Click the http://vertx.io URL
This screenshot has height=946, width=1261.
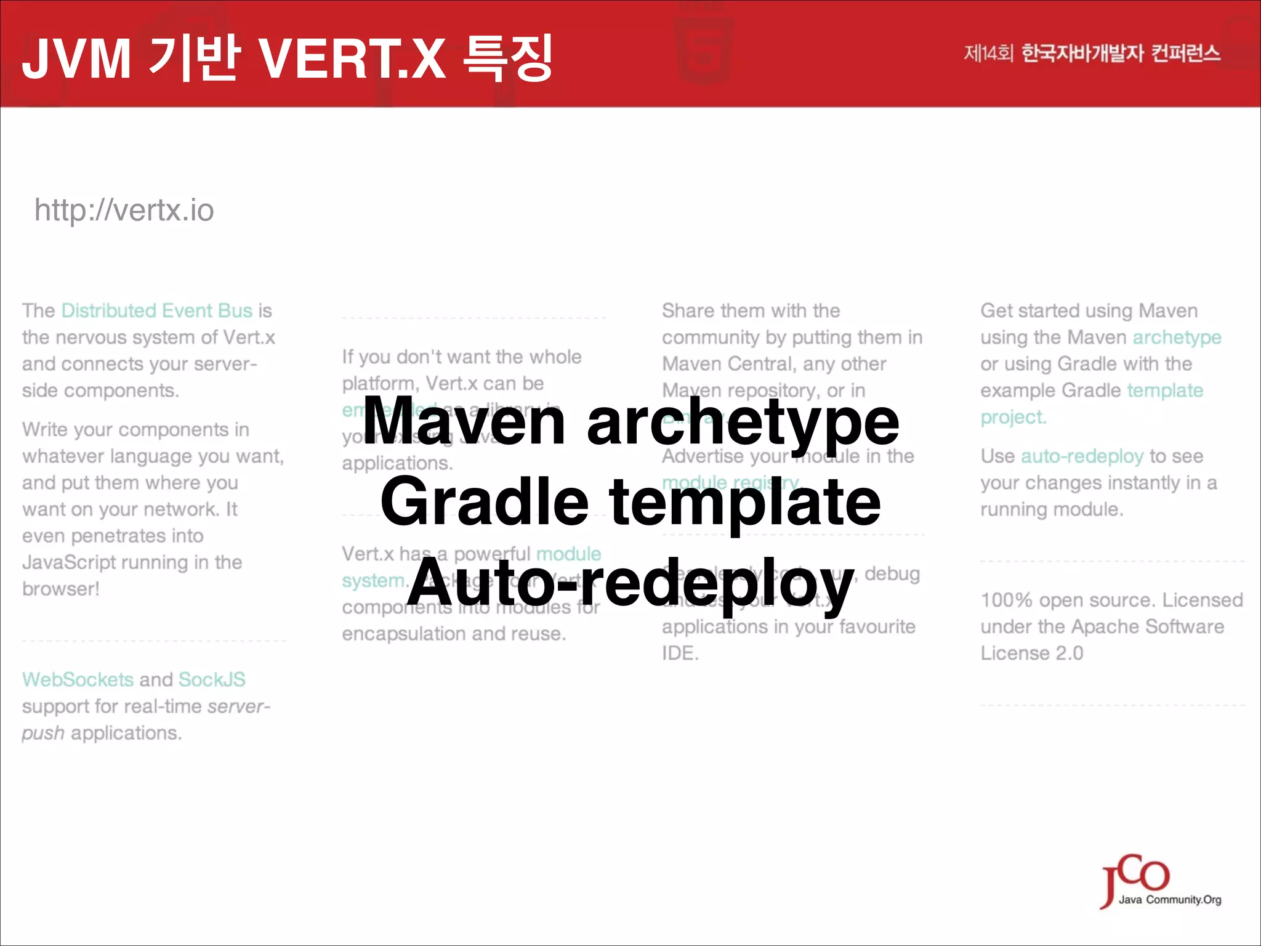tap(124, 211)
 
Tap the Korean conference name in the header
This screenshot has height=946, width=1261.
tap(1092, 54)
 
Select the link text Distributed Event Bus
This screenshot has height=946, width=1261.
tap(157, 310)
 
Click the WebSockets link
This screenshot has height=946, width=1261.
tap(78, 679)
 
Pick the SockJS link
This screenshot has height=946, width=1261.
tap(212, 679)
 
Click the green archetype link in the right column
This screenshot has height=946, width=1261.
tap(1177, 338)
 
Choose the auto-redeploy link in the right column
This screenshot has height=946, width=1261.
tap(1082, 456)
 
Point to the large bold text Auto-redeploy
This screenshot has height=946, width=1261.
tap(630, 582)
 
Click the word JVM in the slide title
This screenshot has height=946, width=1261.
tap(76, 59)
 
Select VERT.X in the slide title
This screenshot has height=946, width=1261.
tap(352, 59)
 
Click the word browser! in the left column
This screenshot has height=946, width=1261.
tap(60, 589)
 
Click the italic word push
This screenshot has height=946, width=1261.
tap(43, 733)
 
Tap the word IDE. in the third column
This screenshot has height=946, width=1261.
tap(680, 653)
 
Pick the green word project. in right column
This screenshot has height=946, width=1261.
tap(1013, 417)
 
